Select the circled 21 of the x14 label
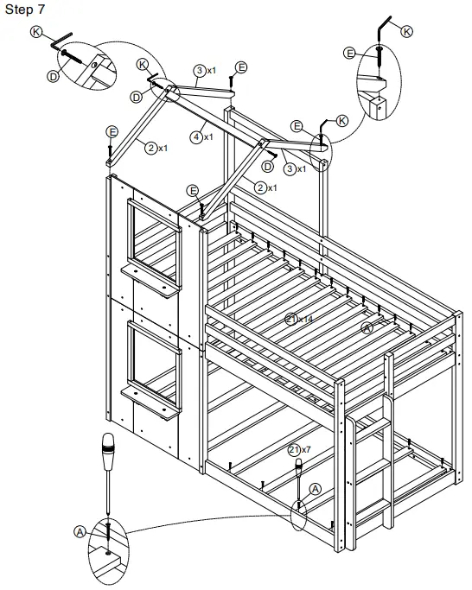point(293,319)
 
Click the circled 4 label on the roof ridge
point(198,136)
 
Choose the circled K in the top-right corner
point(407,30)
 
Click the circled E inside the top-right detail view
point(350,53)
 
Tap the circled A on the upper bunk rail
point(367,327)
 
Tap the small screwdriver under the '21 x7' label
point(299,474)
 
